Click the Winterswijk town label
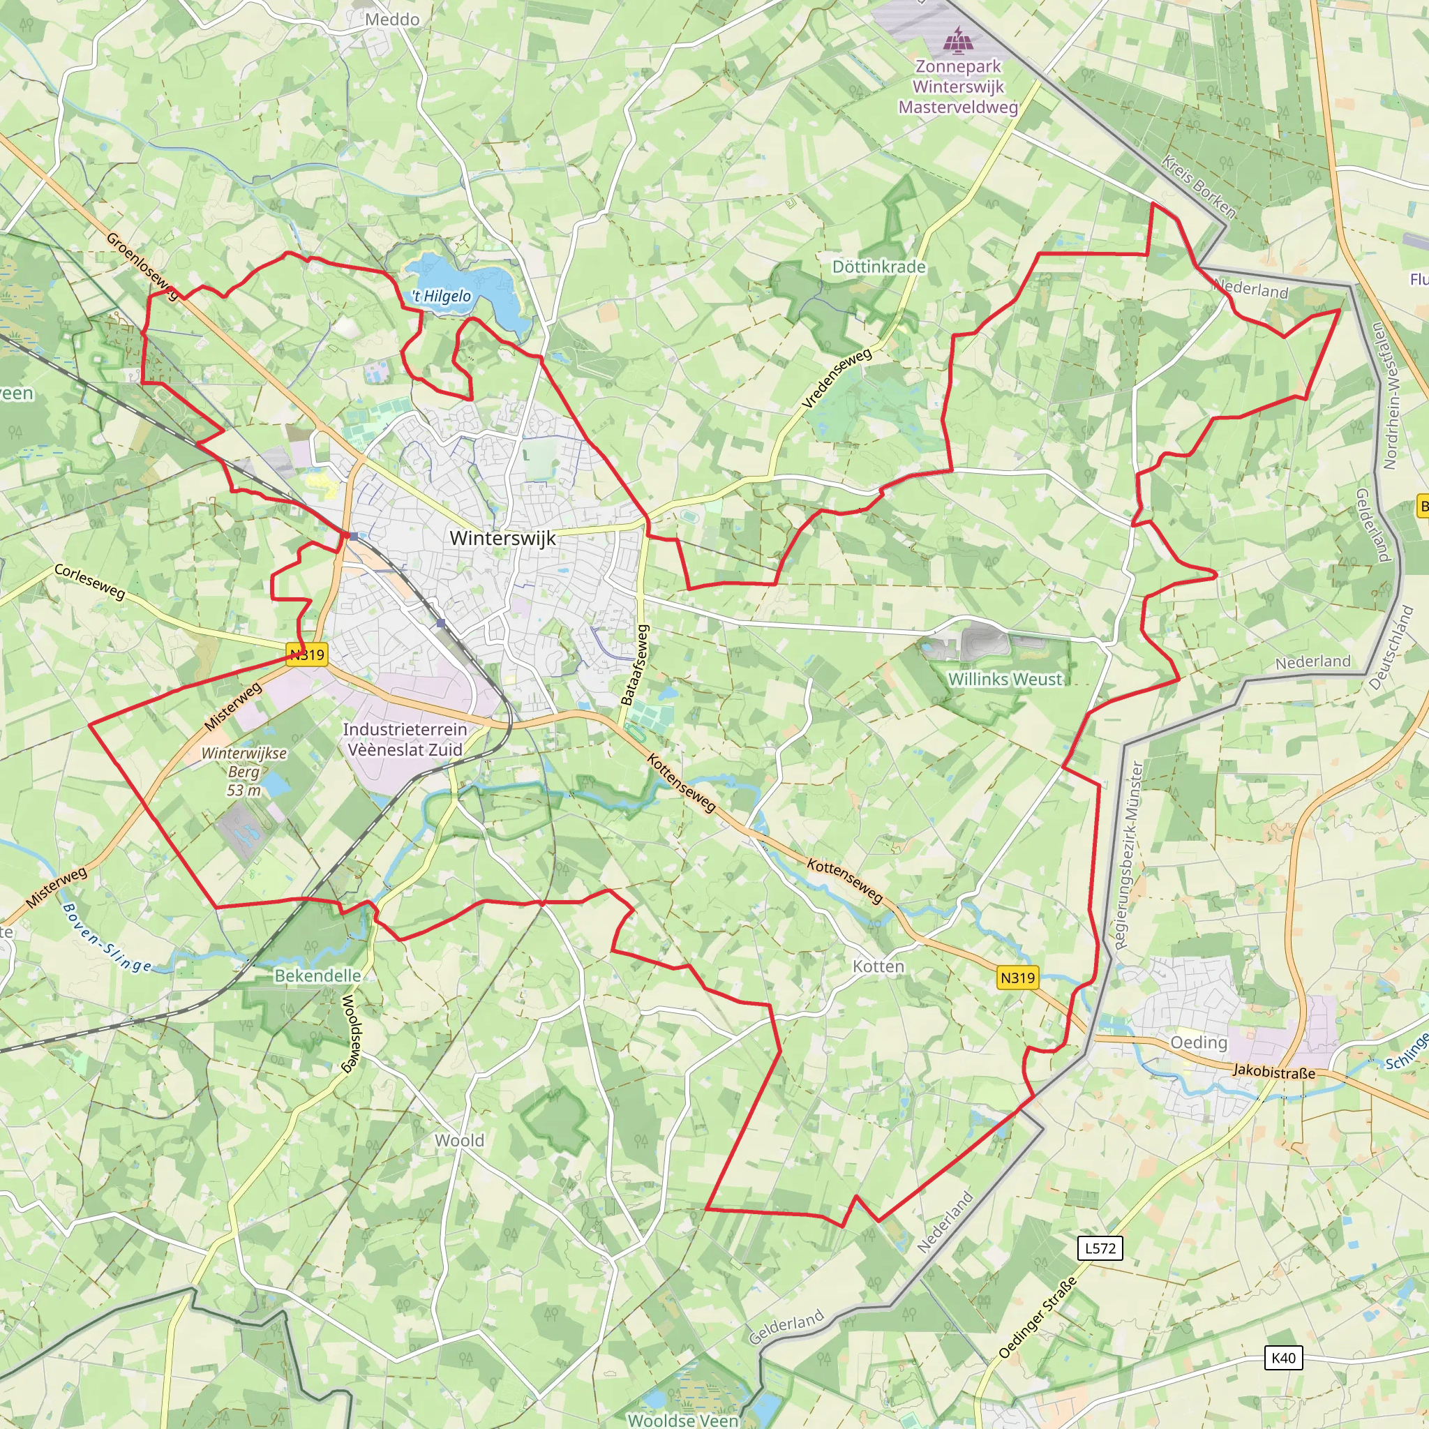502,538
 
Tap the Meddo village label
392,20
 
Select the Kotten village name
878,966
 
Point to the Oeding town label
1198,1042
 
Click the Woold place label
459,1140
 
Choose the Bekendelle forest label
318,975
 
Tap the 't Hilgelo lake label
442,297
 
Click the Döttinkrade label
878,267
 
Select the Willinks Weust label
1005,678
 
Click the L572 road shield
1100,1248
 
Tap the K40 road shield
1283,1357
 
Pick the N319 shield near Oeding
1018,978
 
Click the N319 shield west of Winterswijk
307,654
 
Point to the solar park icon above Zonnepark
958,40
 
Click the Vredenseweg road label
837,378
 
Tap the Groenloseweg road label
143,267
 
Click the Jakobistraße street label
1273,1071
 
